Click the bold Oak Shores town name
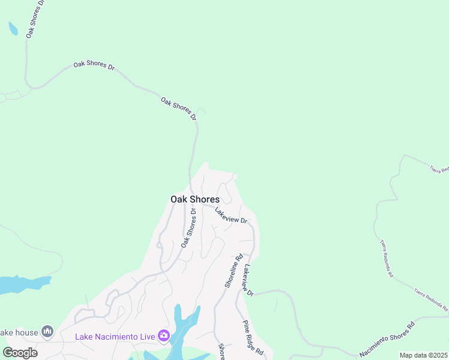[x=195, y=199]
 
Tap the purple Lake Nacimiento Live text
[x=115, y=336]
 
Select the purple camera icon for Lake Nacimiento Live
[x=163, y=335]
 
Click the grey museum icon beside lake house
[x=47, y=332]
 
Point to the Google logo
[x=20, y=352]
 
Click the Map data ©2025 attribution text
[x=423, y=355]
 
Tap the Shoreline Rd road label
[x=234, y=270]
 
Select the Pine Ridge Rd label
[x=254, y=339]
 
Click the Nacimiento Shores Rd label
[x=387, y=341]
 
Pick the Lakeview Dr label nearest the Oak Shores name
[x=231, y=215]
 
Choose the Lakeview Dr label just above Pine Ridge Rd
[x=248, y=280]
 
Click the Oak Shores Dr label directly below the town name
[x=188, y=227]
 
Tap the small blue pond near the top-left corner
[x=13, y=28]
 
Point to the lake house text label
[x=18, y=332]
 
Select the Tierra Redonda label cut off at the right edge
[x=439, y=170]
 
